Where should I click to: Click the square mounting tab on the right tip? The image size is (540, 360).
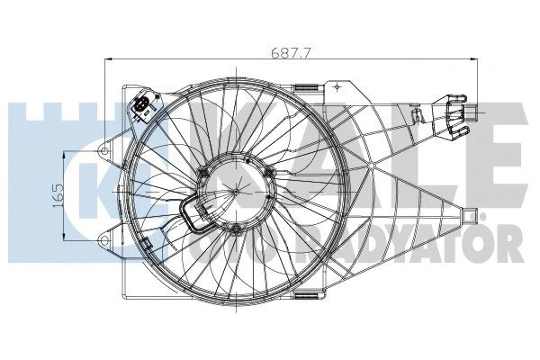point(469,214)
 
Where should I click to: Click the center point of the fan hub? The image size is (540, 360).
point(235,191)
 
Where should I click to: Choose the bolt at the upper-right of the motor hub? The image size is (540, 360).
point(268,173)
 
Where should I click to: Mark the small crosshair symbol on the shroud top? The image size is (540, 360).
point(337,87)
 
